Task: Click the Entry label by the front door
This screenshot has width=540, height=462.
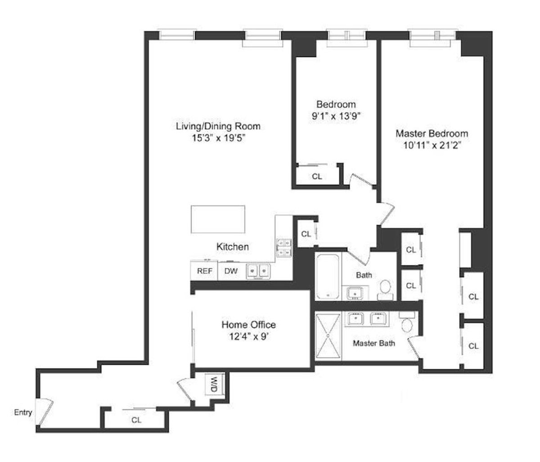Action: [23, 412]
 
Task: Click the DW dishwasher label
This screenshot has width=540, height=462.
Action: [231, 271]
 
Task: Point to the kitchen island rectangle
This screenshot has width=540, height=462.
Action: [218, 219]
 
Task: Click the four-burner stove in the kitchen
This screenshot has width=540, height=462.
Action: [284, 247]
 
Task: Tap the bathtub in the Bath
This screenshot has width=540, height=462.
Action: [328, 276]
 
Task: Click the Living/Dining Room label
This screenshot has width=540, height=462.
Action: [218, 126]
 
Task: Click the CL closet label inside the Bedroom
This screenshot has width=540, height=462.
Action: [317, 177]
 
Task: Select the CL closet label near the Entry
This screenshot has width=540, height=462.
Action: [136, 420]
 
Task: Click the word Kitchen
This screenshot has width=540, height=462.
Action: [233, 247]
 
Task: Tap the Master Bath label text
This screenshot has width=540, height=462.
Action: [374, 343]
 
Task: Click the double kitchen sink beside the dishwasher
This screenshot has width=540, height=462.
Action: [258, 271]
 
